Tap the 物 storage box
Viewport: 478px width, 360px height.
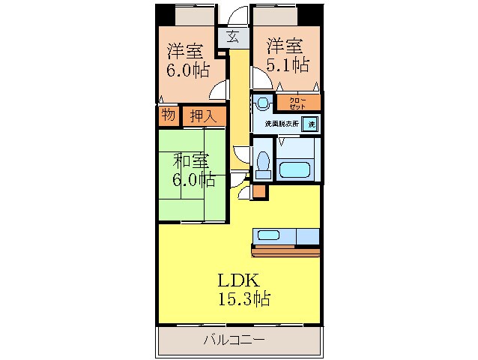pos(168,115)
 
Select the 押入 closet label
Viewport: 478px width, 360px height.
pos(202,115)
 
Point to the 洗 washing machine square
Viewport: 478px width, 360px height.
pos(309,124)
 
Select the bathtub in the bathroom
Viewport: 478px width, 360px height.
pos(297,167)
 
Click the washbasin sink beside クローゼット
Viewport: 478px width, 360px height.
pos(263,103)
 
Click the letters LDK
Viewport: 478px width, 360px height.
pos(238,280)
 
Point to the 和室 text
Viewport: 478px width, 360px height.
pos(190,160)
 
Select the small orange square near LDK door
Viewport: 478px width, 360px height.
pos(259,191)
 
